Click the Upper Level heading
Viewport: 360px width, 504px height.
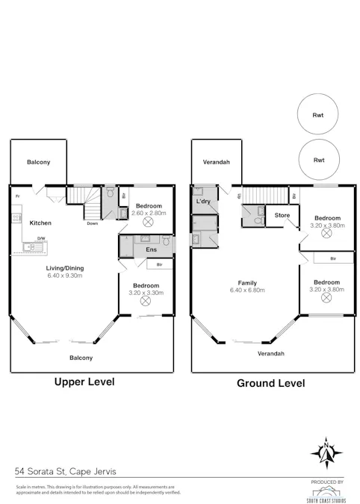(x=84, y=382)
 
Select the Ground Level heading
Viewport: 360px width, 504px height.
(x=270, y=383)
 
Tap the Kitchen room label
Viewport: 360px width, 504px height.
(x=40, y=223)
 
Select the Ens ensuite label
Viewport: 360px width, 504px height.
(x=151, y=249)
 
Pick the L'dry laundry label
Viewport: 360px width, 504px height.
(x=202, y=202)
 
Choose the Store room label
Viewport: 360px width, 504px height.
(x=282, y=216)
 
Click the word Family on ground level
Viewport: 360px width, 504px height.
(x=248, y=282)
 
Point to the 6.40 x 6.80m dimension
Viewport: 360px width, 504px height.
(x=248, y=290)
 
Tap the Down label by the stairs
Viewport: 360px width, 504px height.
(x=92, y=223)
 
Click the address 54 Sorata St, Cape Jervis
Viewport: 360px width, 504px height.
(x=66, y=471)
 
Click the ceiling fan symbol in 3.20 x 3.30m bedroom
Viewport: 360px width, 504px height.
(x=146, y=303)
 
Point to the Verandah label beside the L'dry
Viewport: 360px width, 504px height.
(x=216, y=162)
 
